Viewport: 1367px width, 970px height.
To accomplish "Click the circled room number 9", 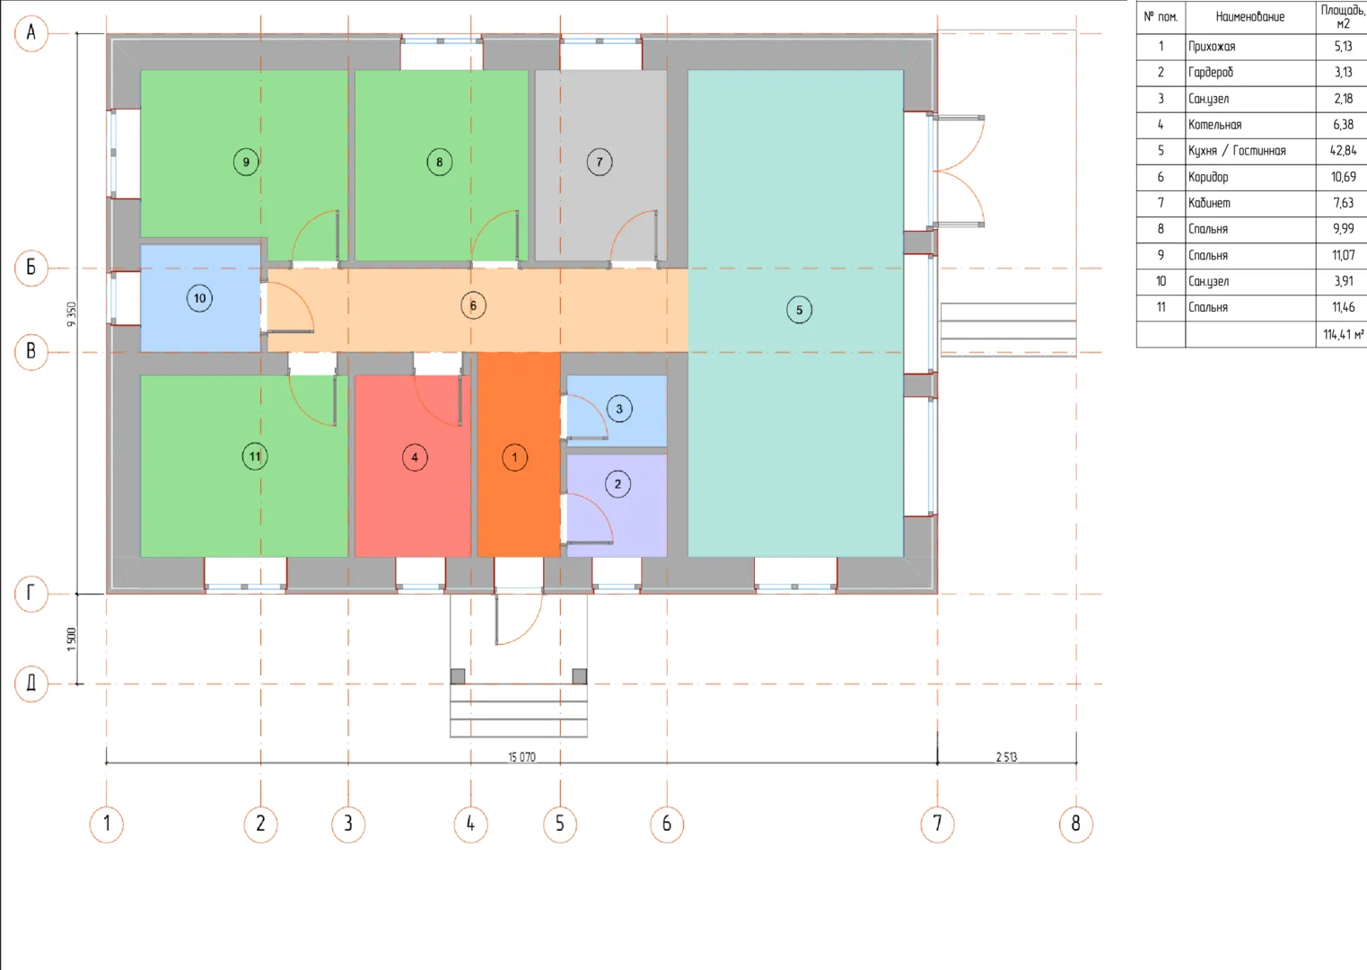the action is (x=246, y=162).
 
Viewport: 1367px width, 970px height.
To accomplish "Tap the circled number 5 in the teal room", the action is (x=799, y=310).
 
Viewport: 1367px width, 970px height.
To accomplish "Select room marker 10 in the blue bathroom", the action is (x=199, y=299).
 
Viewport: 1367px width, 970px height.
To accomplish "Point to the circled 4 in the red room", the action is (x=415, y=457).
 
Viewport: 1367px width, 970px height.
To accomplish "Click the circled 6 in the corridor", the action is (x=473, y=306).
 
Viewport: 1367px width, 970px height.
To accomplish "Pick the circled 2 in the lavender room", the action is (x=618, y=484).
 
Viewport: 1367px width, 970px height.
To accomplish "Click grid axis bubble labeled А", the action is (x=31, y=33).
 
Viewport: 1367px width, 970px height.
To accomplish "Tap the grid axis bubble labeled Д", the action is (x=31, y=683).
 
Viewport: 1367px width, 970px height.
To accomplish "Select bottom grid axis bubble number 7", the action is (x=937, y=824).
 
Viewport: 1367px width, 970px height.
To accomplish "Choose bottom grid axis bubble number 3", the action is (x=348, y=824).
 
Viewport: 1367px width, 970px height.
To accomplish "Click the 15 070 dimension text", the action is (x=521, y=757).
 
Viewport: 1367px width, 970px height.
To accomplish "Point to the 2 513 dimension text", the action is (x=1006, y=757).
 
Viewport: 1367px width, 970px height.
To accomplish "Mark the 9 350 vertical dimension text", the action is (x=72, y=314).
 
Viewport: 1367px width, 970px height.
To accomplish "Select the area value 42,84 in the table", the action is (x=1343, y=151).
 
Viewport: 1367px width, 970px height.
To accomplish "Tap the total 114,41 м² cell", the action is (x=1344, y=335).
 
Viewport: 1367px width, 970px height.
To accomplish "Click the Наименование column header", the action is (x=1249, y=16).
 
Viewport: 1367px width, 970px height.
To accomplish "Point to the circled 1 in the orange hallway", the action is (x=514, y=457).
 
